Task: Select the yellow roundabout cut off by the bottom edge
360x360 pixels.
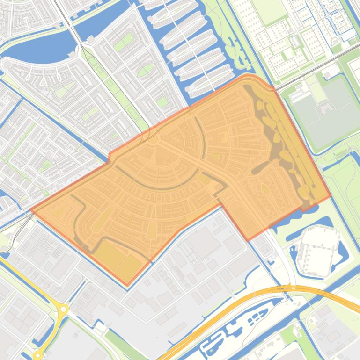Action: pos(37,356)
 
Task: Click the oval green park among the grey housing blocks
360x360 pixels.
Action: pos(147,70)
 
